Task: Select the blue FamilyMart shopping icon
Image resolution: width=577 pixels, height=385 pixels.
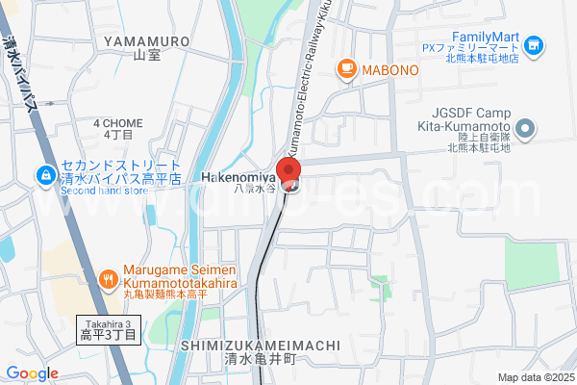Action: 535,44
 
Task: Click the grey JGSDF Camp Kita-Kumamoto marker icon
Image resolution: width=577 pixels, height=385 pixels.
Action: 525,128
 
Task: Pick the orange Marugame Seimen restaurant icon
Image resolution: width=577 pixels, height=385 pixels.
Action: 109,279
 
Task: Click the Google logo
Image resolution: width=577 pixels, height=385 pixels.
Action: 32,373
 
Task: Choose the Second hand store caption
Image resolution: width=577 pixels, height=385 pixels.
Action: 103,190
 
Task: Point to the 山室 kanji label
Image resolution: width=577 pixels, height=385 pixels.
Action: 145,55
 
